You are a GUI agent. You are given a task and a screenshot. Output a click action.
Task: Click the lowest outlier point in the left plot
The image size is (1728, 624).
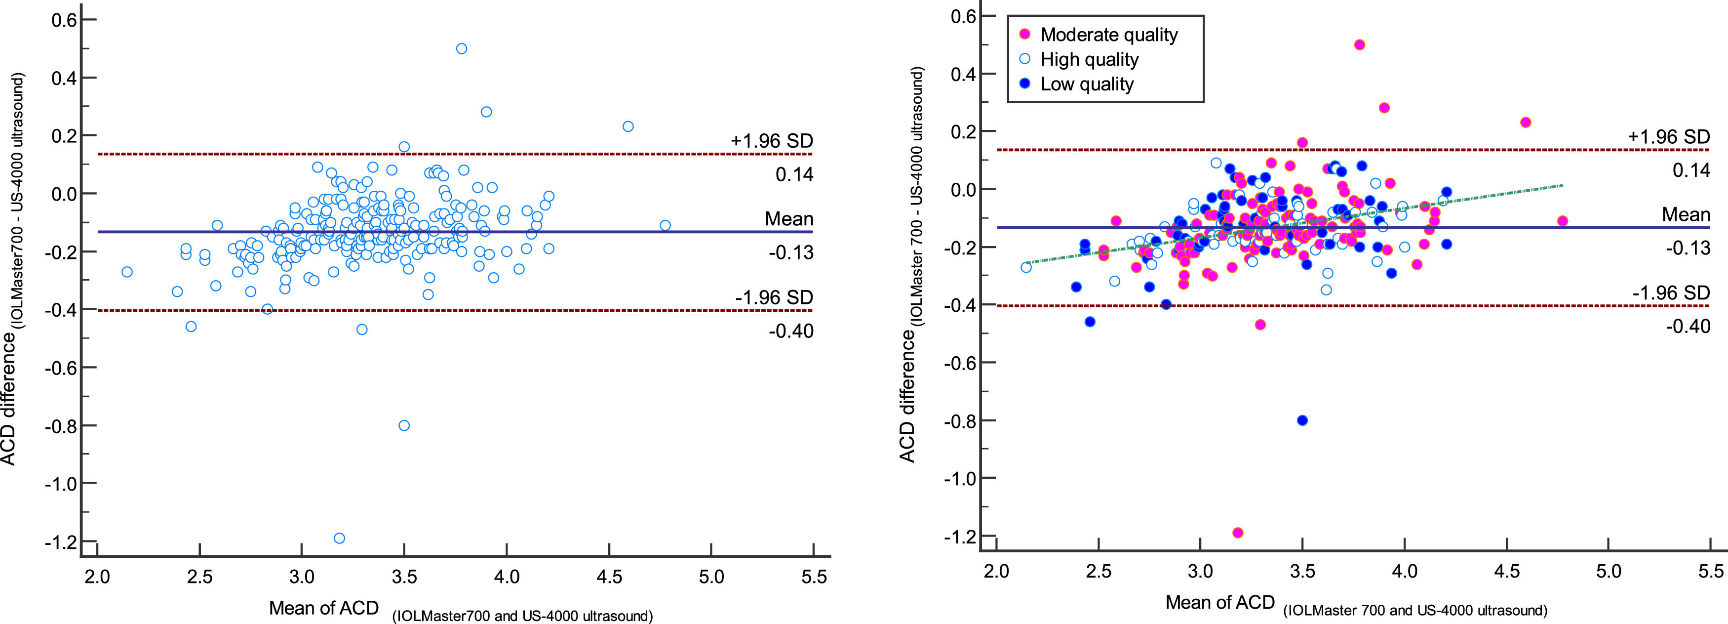click(x=340, y=538)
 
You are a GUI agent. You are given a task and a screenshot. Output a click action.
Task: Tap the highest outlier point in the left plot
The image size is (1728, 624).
click(x=462, y=48)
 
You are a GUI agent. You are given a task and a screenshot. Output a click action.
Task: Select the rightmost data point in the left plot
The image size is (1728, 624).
click(x=665, y=225)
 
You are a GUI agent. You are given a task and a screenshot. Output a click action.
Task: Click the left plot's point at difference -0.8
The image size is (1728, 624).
click(x=404, y=425)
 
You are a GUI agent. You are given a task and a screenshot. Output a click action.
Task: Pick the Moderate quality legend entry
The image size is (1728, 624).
click(x=1108, y=35)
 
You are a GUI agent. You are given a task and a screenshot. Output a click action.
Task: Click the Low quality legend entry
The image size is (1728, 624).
click(x=1087, y=84)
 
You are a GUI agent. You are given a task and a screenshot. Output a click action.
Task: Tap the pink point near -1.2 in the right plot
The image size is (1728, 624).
click(x=1238, y=533)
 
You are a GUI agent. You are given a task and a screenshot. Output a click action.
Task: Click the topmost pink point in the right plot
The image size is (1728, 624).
click(x=1360, y=45)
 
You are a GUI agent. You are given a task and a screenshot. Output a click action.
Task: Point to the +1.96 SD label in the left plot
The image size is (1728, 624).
click(x=771, y=141)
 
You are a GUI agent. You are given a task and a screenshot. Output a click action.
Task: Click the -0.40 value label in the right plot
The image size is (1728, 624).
click(x=1688, y=327)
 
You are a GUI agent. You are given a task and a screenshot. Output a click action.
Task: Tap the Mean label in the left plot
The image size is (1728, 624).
click(x=789, y=219)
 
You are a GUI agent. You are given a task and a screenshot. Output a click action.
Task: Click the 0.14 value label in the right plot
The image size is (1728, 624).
click(x=1691, y=170)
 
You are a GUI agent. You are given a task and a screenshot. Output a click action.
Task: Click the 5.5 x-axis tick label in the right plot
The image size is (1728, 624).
click(x=1710, y=572)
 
